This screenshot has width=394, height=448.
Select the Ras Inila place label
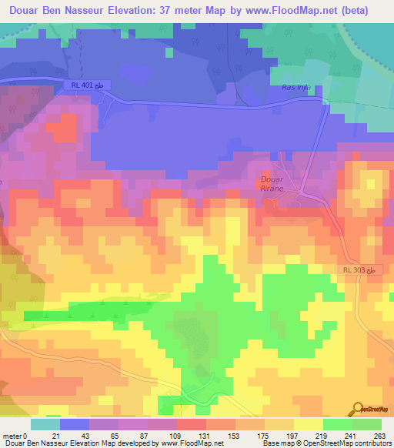[295, 87]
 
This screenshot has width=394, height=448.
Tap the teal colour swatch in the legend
[45, 424]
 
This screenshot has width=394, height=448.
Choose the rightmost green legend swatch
[367, 424]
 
